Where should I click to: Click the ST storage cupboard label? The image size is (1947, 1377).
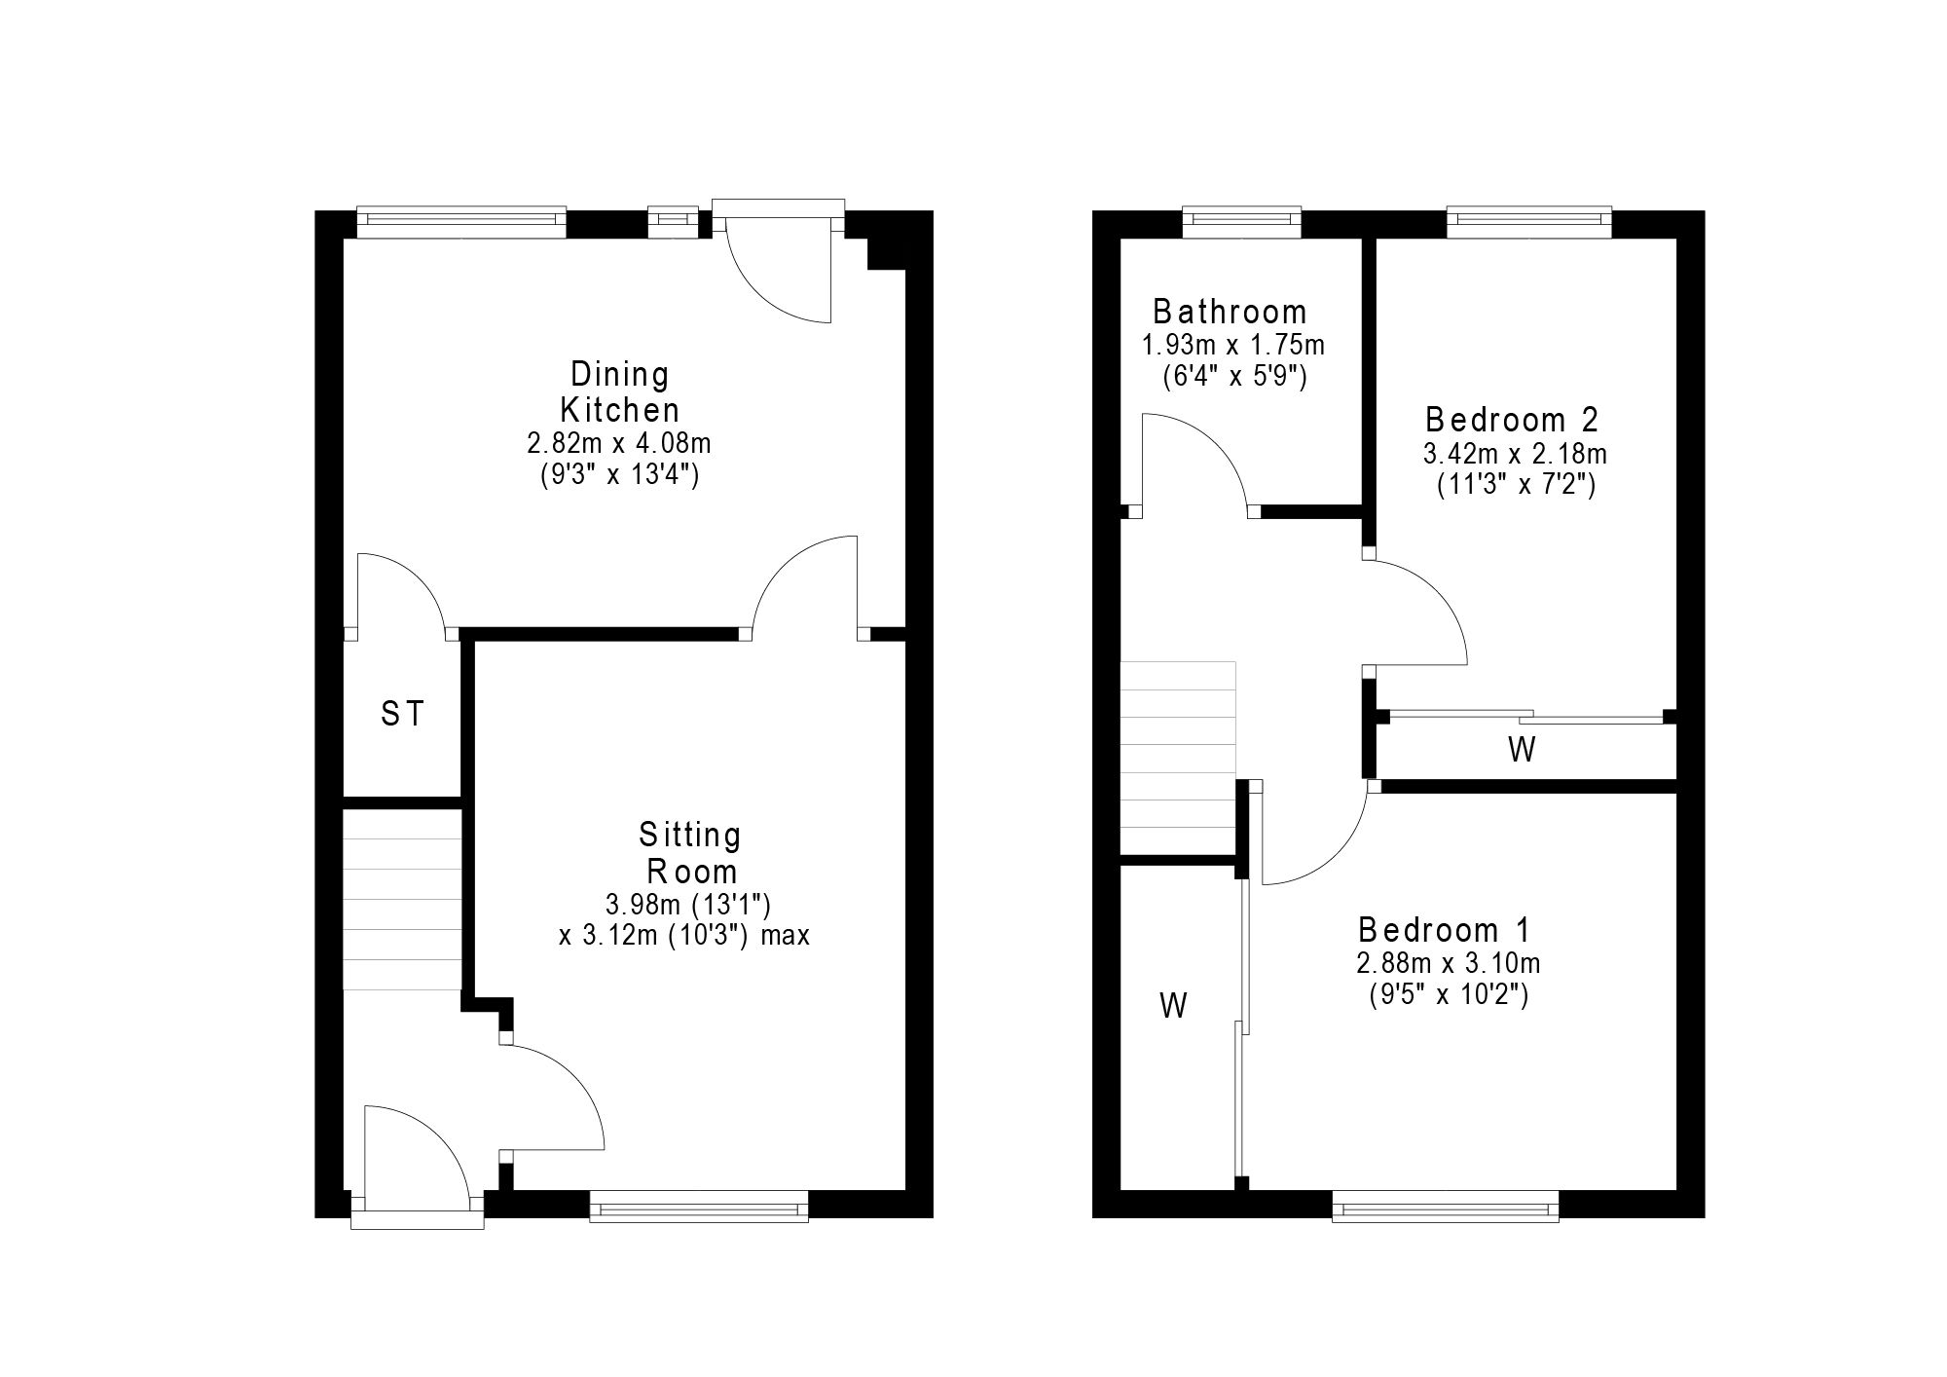pos(402,715)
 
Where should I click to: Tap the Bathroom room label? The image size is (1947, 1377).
pos(1231,312)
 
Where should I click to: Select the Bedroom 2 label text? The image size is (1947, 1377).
pos(1512,420)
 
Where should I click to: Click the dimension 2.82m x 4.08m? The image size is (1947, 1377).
pos(619,444)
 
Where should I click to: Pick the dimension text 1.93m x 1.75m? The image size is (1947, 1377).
pos(1233,345)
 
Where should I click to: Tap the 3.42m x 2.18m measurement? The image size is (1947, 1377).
pos(1515,454)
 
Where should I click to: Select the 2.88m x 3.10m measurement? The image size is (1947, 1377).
pos(1449,963)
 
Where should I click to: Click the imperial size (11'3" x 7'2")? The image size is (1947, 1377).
pos(1517,485)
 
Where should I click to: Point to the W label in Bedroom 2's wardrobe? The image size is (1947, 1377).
pos(1522,750)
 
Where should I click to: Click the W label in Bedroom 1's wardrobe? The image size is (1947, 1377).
pos(1174,1005)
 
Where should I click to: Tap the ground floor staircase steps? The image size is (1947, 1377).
pos(402,914)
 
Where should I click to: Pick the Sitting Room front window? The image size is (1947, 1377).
pos(699,1206)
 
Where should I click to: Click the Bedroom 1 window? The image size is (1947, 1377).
pos(1446,1206)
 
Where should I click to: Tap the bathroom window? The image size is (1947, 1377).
pos(1242,222)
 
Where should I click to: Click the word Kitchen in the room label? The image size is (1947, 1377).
pos(620,409)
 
